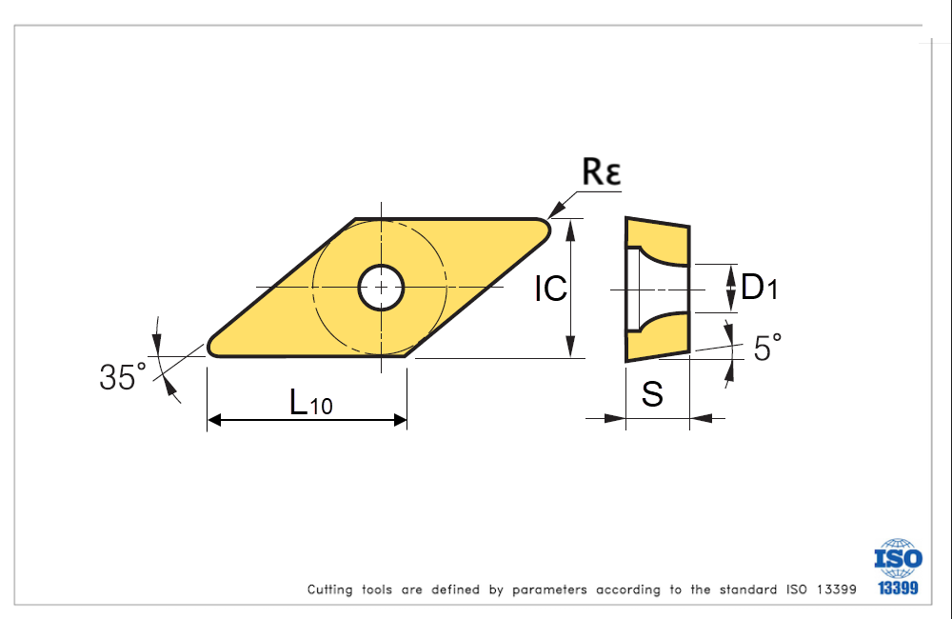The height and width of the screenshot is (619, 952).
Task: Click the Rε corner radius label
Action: [601, 172]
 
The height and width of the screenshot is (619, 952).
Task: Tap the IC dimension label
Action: [550, 289]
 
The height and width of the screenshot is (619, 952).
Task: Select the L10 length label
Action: [311, 404]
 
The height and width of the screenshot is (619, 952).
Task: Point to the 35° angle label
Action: [123, 377]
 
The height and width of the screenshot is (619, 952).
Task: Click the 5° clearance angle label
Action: [767, 348]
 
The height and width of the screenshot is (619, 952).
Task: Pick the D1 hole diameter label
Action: [759, 287]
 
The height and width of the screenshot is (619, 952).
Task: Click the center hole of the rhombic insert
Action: [381, 287]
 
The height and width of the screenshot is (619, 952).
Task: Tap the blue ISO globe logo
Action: [899, 557]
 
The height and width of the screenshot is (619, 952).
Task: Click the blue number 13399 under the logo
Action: [899, 589]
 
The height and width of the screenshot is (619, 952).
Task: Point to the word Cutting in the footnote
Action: [330, 589]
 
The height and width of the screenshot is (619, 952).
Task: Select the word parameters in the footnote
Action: [549, 589]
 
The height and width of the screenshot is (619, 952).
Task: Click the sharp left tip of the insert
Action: [211, 346]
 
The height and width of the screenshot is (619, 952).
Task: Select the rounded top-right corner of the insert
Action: [545, 226]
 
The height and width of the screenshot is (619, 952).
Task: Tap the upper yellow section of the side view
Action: [657, 239]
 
